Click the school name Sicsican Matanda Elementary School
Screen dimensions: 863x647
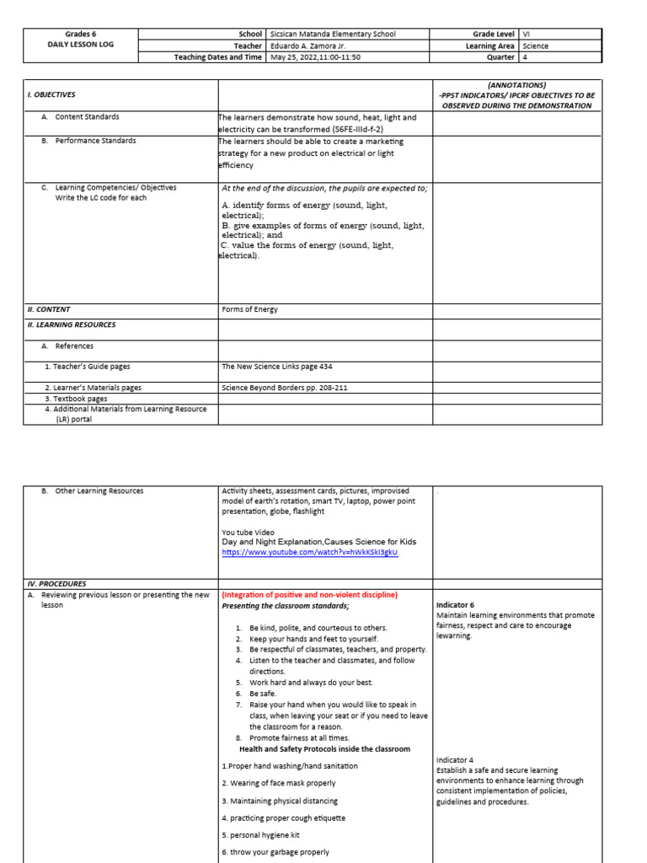click(332, 35)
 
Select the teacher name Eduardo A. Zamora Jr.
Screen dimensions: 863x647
click(307, 46)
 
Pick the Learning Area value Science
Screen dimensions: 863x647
click(535, 46)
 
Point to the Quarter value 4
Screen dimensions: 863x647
click(525, 58)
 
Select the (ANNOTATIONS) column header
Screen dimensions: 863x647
click(516, 85)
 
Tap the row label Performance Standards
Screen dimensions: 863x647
click(95, 141)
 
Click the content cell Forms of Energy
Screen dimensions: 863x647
click(249, 309)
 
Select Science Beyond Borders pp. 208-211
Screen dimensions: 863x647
click(283, 389)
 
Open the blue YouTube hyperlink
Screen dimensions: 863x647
click(309, 552)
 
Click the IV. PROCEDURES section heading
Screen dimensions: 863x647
click(56, 583)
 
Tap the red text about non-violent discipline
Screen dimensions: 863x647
click(309, 594)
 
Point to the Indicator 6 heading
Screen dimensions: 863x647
click(455, 605)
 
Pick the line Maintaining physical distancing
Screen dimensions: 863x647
click(280, 801)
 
